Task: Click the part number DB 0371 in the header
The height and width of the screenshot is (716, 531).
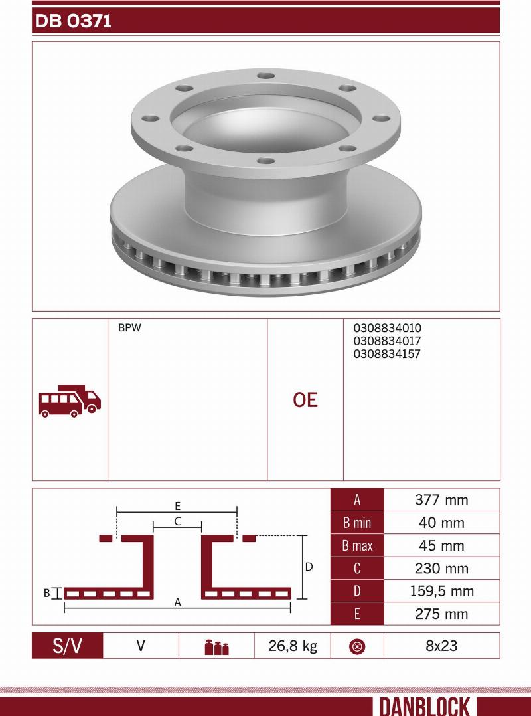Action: [73, 21]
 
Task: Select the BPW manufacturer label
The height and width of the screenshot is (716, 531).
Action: [129, 328]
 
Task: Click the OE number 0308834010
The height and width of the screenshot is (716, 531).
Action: [388, 328]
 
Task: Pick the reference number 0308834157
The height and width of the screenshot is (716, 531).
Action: [387, 354]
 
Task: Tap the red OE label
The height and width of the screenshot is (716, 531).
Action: [305, 400]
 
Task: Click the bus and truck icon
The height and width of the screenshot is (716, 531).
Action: [70, 401]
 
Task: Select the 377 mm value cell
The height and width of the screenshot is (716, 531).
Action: [441, 500]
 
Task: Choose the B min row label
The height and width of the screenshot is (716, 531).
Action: [357, 523]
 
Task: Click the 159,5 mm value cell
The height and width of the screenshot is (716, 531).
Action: [441, 591]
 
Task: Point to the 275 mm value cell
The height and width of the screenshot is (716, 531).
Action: [441, 614]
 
